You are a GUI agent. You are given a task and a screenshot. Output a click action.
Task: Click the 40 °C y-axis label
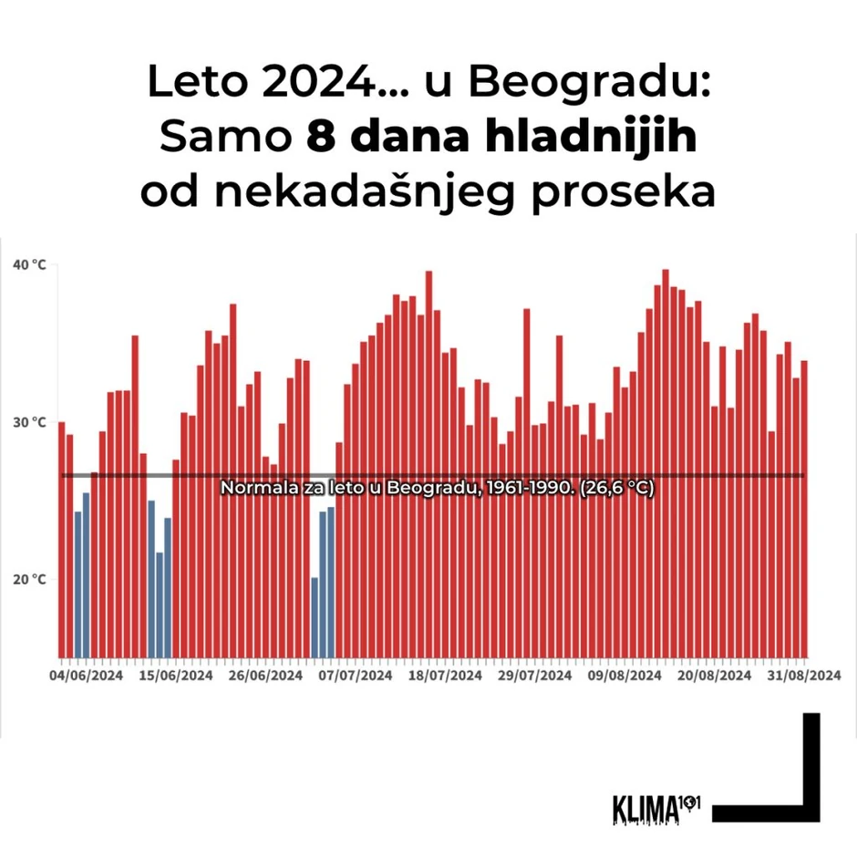[x=28, y=264]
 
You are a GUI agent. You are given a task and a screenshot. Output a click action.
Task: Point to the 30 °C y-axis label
[x=28, y=422]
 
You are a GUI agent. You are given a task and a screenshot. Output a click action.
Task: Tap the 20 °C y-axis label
[x=28, y=579]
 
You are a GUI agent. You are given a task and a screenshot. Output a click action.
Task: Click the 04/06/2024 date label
[x=87, y=676]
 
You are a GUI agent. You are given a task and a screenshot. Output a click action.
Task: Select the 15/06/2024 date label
[x=176, y=676]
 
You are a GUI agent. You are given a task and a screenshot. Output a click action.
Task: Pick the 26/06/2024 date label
[x=265, y=676]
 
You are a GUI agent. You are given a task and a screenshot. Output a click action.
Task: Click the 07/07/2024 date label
[x=356, y=676]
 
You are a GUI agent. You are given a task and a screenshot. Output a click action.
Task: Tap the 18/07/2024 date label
[x=445, y=676]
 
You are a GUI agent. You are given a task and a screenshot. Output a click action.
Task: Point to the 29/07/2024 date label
[x=535, y=676]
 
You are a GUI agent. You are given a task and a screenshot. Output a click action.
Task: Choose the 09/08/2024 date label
[x=625, y=676]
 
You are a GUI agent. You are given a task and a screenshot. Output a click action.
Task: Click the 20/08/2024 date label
[x=715, y=676]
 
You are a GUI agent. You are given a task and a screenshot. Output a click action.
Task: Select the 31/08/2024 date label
[x=802, y=676]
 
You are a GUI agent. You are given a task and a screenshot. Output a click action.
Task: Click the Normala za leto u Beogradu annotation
[x=438, y=489]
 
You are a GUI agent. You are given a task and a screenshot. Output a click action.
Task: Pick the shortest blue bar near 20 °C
[x=315, y=616]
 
